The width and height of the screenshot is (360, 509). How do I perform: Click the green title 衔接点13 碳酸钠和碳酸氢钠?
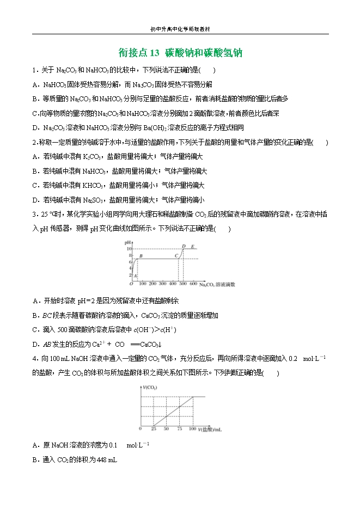coord(180,53)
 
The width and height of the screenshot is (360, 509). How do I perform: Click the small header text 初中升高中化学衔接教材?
coord(180,29)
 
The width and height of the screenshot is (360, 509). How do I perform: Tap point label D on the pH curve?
coord(184,246)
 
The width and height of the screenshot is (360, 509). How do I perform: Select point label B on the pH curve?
coord(141,255)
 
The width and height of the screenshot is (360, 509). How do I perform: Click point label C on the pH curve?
coord(176,255)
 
